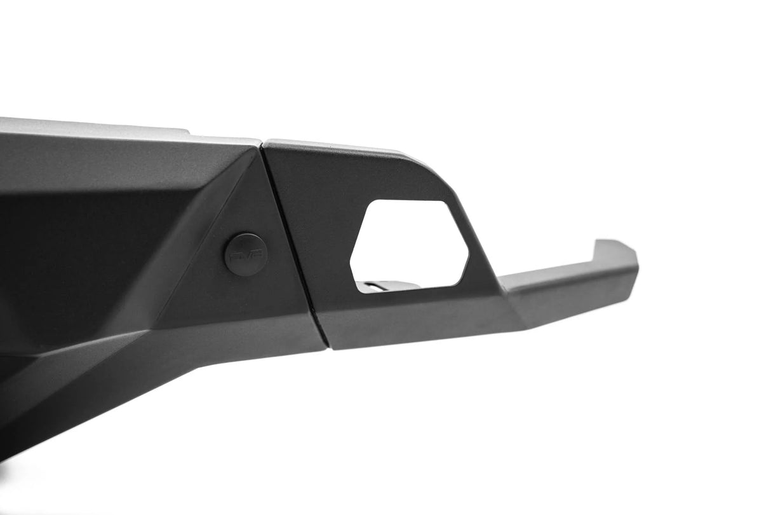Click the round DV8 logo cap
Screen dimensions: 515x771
pyautogui.click(x=246, y=254)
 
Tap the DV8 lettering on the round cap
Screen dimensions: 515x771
pyautogui.click(x=246, y=254)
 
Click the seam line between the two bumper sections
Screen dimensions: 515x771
pyautogui.click(x=292, y=242)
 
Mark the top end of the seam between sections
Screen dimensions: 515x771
pyautogui.click(x=262, y=146)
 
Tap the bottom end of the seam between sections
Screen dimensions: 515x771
pyautogui.click(x=326, y=347)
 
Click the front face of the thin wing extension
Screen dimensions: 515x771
pyautogui.click(x=572, y=292)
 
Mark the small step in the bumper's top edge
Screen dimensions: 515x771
pyautogui.click(x=189, y=132)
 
